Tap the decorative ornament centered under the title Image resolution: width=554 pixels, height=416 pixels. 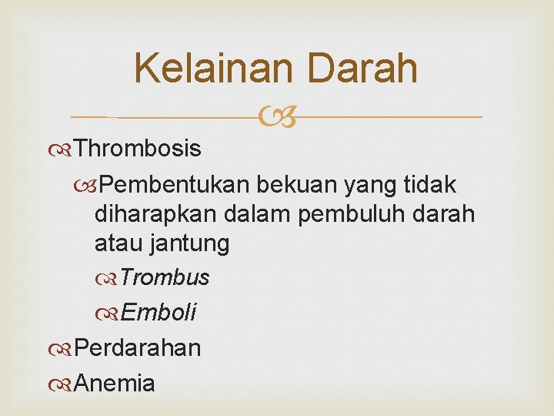click(277, 118)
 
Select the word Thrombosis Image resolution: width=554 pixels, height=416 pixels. click(138, 148)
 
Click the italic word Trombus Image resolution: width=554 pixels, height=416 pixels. click(165, 277)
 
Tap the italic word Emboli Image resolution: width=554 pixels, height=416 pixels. click(159, 312)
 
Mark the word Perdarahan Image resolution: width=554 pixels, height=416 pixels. click(138, 347)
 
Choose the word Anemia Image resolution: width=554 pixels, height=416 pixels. click(115, 383)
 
